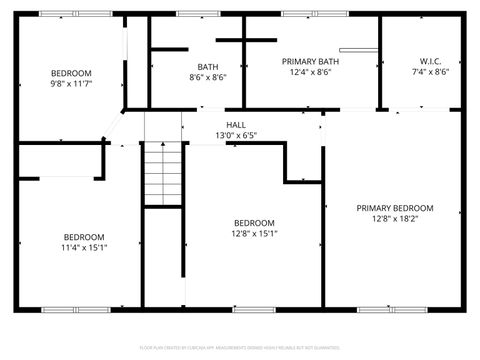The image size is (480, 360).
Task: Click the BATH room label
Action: tap(208, 66)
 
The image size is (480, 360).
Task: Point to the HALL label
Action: tap(236, 124)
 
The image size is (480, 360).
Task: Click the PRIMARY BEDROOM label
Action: tap(395, 208)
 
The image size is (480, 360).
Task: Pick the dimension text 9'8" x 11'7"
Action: tap(71, 84)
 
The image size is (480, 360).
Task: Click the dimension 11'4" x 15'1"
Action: tap(84, 247)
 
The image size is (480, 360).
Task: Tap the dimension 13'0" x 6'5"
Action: tap(236, 135)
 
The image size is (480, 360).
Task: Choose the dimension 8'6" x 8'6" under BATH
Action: tap(208, 77)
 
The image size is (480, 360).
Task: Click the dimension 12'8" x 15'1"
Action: tap(255, 233)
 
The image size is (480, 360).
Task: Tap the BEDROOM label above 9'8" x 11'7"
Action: tap(71, 73)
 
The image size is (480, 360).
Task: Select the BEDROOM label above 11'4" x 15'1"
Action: tap(84, 237)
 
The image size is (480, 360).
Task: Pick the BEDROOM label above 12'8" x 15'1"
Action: tap(255, 222)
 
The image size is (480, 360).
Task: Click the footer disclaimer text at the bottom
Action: tap(240, 347)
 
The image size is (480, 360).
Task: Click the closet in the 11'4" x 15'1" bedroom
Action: tap(60, 160)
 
